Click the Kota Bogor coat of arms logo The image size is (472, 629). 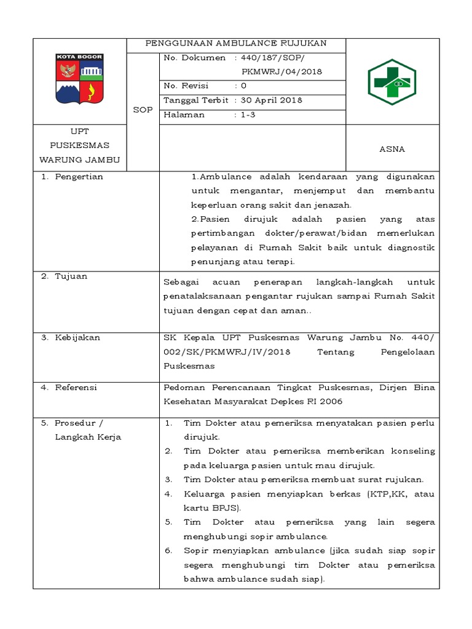click(x=79, y=79)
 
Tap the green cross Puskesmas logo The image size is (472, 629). click(x=392, y=82)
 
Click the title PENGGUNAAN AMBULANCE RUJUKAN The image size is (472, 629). click(x=235, y=44)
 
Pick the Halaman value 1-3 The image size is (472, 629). click(x=248, y=115)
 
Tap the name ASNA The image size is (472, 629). click(x=392, y=149)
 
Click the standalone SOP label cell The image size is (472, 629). click(x=143, y=109)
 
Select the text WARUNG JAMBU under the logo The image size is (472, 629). click(x=79, y=160)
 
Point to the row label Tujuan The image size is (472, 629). click(x=71, y=276)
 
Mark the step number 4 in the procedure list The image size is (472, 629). click(x=168, y=494)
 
